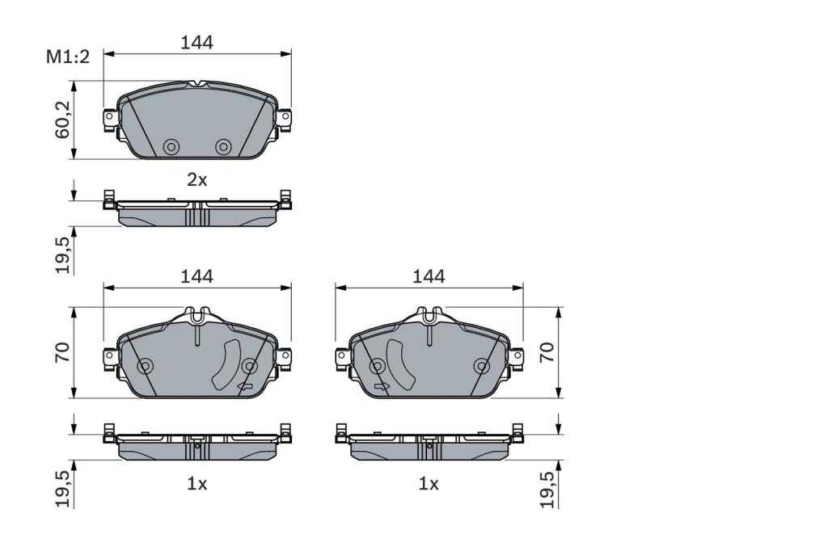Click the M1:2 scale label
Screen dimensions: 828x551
(x=68, y=57)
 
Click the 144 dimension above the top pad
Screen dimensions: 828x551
(x=196, y=42)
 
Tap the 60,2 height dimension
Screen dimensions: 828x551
(x=63, y=120)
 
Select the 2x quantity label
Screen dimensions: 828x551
(x=197, y=180)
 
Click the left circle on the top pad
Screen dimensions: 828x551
(x=171, y=147)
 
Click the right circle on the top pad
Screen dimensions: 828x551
(x=223, y=147)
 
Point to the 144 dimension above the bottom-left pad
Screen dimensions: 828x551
(x=196, y=276)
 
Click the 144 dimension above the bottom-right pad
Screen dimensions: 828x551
(x=429, y=276)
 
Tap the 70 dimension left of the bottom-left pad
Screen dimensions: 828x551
(x=63, y=352)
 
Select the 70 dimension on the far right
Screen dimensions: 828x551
(x=547, y=352)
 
